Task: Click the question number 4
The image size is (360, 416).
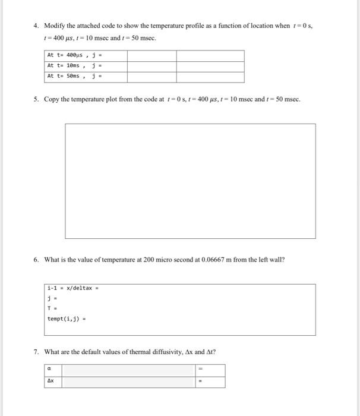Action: (x=36, y=26)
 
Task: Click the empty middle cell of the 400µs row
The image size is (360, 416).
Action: (x=151, y=56)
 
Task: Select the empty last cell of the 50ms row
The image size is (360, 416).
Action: (x=210, y=77)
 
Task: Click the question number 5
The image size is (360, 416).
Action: (x=36, y=99)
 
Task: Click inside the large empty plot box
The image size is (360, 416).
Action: (x=190, y=181)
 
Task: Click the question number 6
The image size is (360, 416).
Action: (x=36, y=260)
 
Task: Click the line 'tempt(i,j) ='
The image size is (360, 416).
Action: (x=66, y=319)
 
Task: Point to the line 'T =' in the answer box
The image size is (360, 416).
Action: (x=52, y=309)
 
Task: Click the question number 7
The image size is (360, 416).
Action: (x=36, y=352)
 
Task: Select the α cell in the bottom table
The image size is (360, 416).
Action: (x=53, y=370)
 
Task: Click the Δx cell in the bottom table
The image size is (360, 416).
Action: (x=53, y=382)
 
